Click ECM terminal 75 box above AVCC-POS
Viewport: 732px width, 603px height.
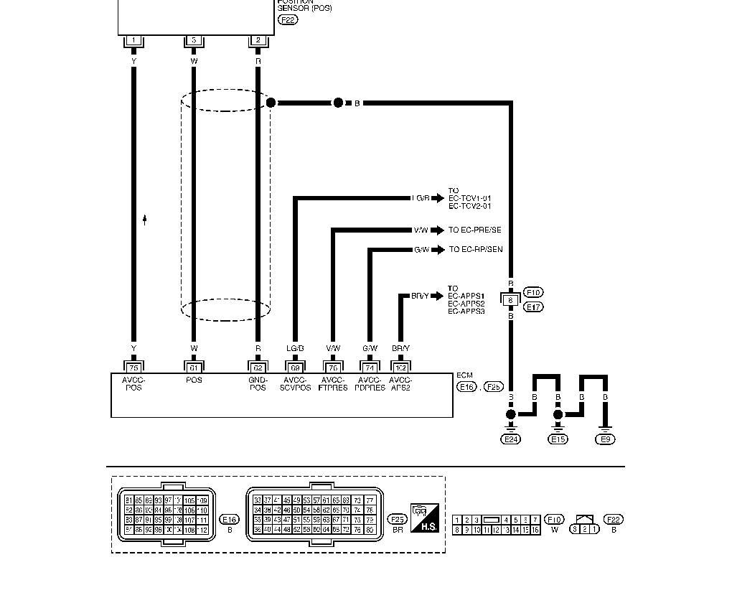click(133, 367)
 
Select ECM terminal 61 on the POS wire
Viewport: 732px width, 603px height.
click(194, 367)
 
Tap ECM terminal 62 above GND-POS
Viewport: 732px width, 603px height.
click(258, 367)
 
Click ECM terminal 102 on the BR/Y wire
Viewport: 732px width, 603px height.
click(400, 367)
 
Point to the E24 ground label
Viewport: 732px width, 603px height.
click(511, 439)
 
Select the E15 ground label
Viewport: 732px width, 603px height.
click(558, 439)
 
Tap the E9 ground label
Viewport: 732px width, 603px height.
click(606, 439)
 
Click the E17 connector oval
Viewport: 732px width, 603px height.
click(533, 307)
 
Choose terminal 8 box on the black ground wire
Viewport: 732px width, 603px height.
click(510, 299)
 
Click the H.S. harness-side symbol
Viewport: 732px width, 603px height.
click(424, 518)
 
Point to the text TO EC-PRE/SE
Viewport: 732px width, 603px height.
click(475, 230)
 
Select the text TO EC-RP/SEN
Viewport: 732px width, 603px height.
click(476, 250)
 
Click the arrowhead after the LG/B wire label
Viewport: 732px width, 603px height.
click(438, 198)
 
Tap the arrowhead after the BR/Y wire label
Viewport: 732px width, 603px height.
click(438, 296)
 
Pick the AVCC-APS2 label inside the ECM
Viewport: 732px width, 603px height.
click(400, 383)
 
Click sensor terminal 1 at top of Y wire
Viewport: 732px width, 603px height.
click(133, 41)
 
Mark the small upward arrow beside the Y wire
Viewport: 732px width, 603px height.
click(145, 220)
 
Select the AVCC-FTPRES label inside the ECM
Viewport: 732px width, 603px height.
click(332, 383)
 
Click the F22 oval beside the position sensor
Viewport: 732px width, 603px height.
click(287, 20)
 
